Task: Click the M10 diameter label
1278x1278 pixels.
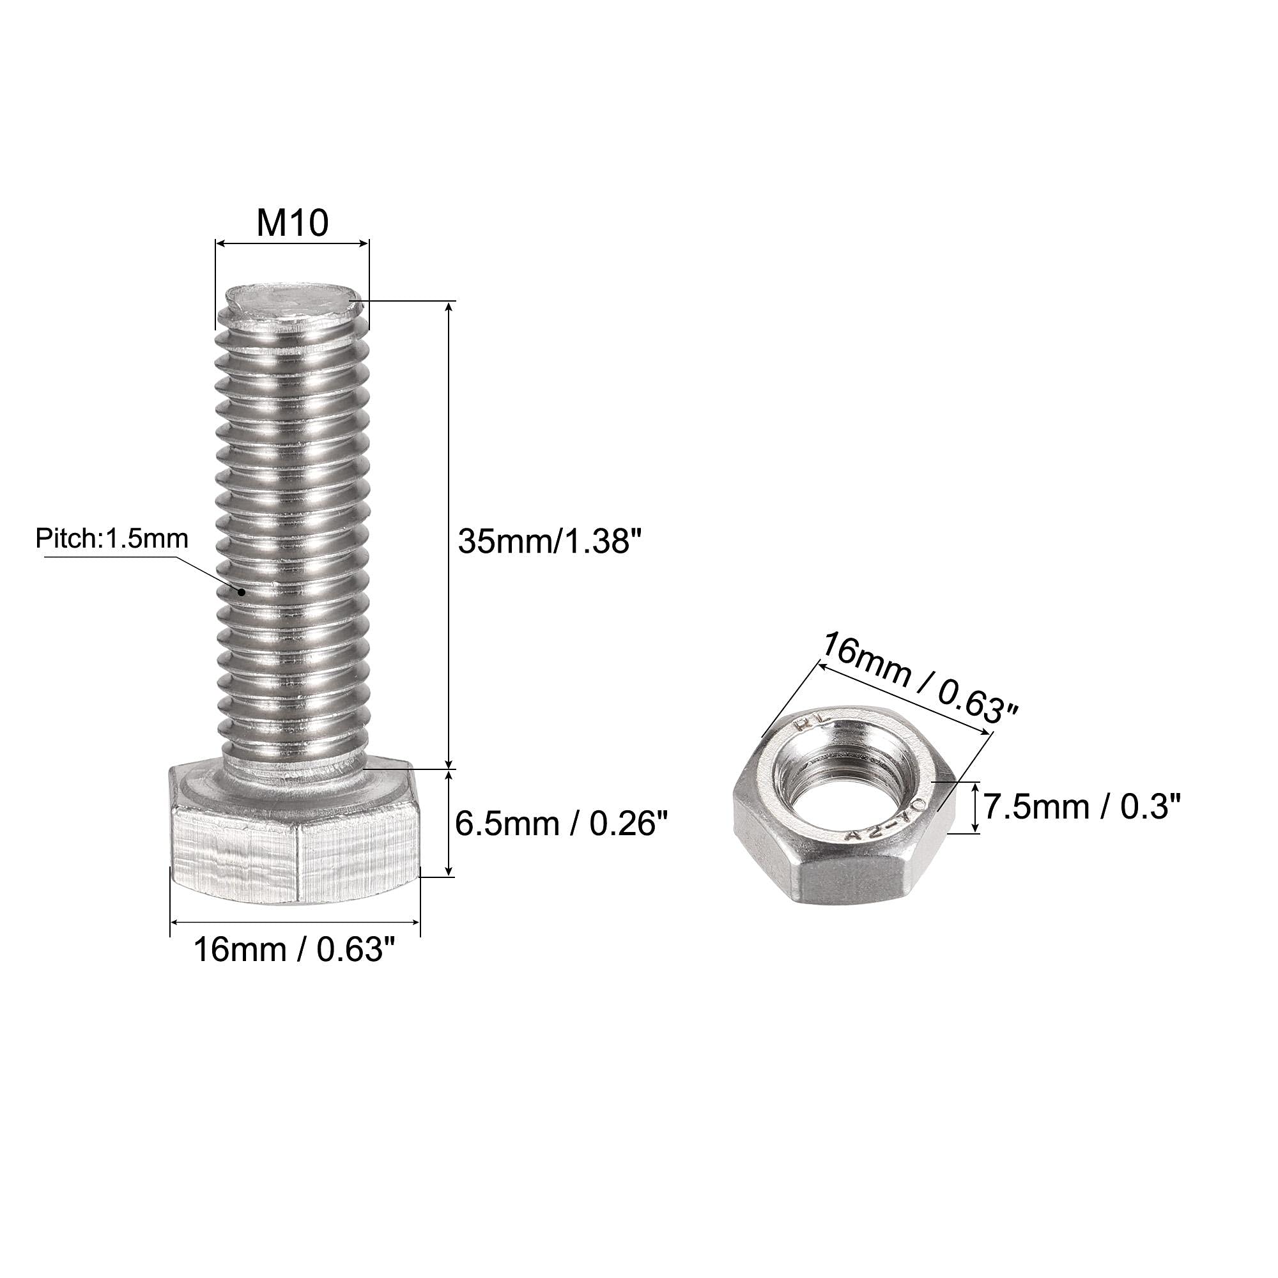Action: point(292,223)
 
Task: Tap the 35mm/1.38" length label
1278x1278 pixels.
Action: point(550,541)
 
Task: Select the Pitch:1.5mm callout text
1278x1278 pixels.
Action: point(112,539)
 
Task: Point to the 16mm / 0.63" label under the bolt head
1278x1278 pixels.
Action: point(295,951)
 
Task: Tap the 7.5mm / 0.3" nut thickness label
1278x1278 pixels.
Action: point(1082,807)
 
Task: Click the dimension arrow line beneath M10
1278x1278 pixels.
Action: point(292,244)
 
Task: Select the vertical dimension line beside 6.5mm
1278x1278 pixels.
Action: point(450,823)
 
